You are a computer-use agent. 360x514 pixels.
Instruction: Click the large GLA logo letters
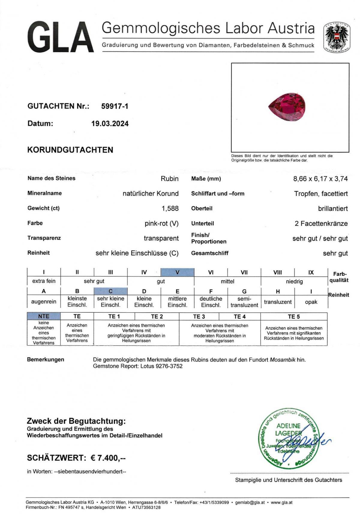60,38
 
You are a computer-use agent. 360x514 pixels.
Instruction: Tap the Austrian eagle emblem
336,38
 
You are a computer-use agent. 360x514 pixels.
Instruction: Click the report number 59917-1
115,106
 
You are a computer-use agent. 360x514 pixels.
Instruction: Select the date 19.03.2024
110,124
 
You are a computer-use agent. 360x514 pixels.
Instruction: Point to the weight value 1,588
170,209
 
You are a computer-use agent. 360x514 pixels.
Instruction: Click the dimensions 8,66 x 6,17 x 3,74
320,179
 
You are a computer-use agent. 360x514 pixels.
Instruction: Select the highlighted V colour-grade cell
177,272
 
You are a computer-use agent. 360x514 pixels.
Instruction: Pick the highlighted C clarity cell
110,291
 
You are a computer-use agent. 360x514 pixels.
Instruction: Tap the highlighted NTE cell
44,316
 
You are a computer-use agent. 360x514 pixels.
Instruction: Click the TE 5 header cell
294,317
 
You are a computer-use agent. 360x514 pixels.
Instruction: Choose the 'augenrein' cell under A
44,302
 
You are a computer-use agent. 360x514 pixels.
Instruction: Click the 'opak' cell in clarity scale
311,302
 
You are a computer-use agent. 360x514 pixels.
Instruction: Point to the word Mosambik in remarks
283,359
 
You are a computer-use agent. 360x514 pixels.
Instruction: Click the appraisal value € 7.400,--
108,458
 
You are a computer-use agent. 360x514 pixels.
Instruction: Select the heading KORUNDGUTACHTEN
70,150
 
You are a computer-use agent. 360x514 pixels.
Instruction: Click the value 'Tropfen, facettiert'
321,194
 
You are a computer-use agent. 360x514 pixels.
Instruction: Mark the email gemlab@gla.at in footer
250,502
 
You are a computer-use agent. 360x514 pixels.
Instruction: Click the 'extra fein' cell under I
44,281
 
